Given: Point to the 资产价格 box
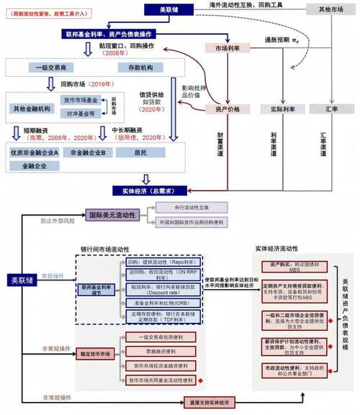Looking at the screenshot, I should coord(226,109).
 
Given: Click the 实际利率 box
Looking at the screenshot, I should coord(278,109).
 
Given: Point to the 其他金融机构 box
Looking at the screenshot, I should coord(33,108).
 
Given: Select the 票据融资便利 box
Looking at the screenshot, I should coord(162,352).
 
